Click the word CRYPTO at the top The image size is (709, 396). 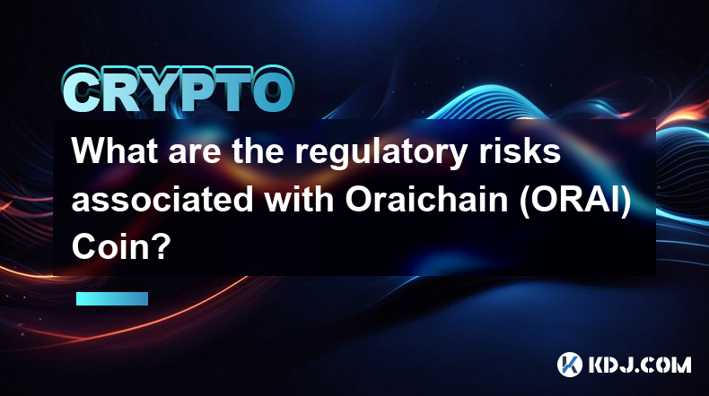179,90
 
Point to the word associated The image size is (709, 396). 162,199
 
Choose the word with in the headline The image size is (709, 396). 300,199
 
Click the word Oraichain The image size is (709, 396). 427,199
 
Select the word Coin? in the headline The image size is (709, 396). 121,247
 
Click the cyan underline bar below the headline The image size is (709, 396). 112,298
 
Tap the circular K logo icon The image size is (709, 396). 570,365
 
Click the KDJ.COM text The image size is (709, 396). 640,365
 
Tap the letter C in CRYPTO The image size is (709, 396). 82,90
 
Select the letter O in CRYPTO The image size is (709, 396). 273,90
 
